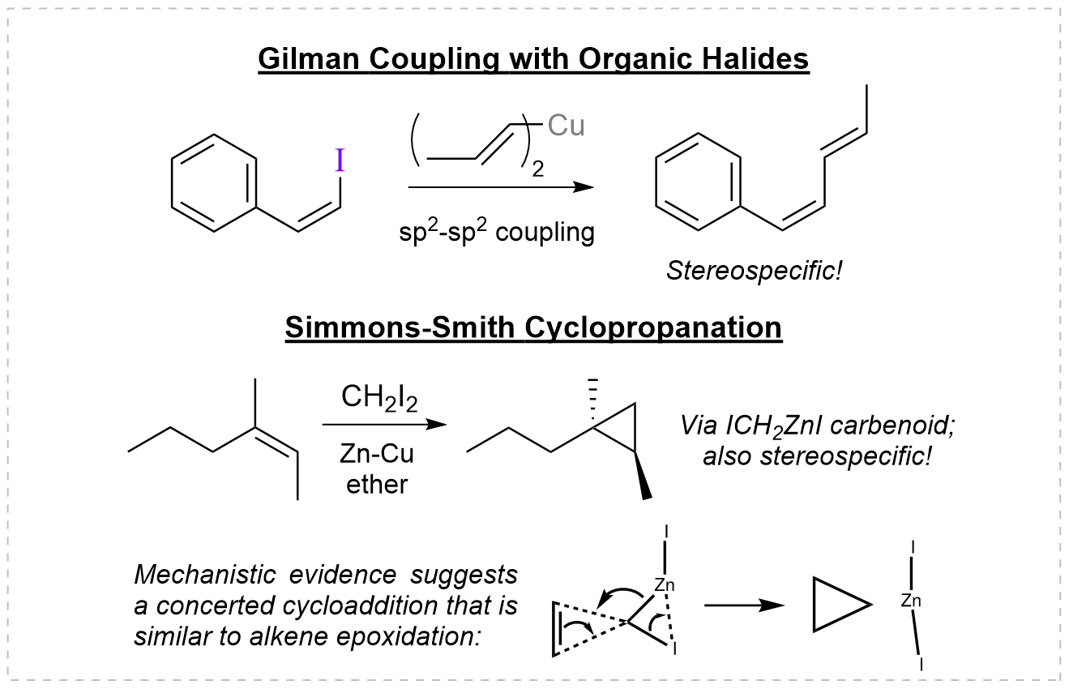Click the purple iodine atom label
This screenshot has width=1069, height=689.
pyautogui.click(x=340, y=160)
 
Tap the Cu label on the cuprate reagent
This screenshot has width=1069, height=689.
pyautogui.click(x=566, y=127)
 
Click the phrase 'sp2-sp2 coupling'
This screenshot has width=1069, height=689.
pyautogui.click(x=497, y=233)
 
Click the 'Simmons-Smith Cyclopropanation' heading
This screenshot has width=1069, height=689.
pyautogui.click(x=533, y=328)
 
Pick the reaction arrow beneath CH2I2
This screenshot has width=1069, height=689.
pyautogui.click(x=384, y=423)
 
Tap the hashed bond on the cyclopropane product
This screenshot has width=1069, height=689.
pyautogui.click(x=593, y=397)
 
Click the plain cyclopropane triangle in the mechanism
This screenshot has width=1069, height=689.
pyautogui.click(x=837, y=605)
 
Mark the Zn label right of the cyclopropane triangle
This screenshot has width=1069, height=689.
pyautogui.click(x=910, y=601)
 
